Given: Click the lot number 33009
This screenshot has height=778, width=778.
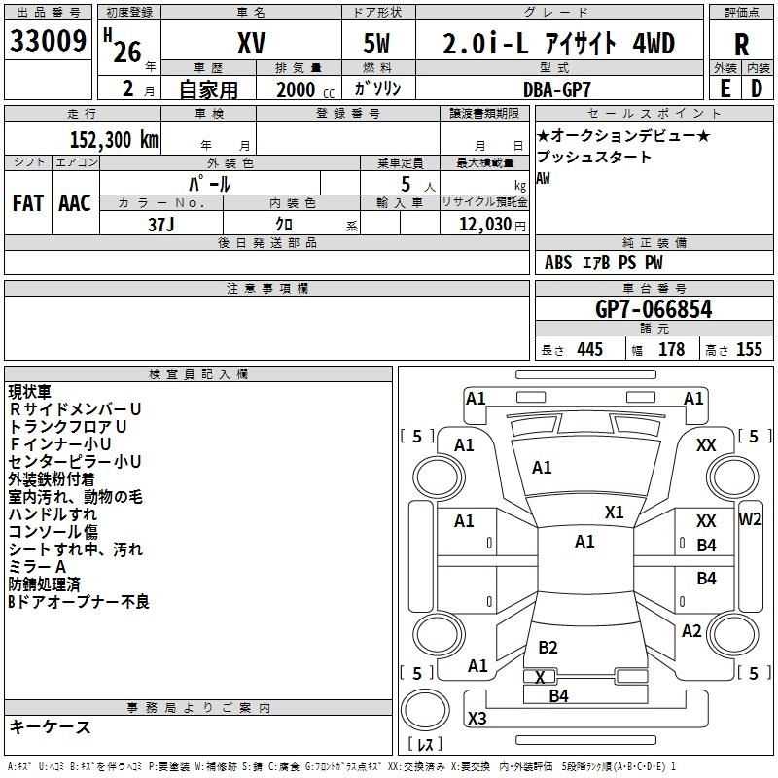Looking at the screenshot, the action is click(48, 41).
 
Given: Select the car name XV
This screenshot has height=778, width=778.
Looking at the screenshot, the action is click(252, 43).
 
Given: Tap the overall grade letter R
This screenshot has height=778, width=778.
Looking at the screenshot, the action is click(741, 45).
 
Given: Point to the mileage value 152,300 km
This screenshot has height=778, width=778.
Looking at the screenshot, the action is click(114, 140).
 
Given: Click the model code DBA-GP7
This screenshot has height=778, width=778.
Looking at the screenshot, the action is click(557, 89).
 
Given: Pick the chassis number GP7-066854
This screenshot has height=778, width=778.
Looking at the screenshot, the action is click(654, 309).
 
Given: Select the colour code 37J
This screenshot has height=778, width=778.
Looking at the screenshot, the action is click(161, 225).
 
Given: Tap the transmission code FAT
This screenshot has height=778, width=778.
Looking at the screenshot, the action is click(28, 203).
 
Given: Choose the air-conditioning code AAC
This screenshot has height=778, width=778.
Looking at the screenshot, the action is click(75, 203).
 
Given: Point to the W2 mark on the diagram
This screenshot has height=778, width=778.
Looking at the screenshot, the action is click(750, 519).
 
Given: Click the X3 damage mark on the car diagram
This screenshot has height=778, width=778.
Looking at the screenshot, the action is click(477, 718).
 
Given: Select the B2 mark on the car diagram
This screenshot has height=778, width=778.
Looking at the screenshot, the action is click(548, 647).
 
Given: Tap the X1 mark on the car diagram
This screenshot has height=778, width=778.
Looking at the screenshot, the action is click(614, 512).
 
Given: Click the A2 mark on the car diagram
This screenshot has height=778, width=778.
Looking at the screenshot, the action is click(691, 630).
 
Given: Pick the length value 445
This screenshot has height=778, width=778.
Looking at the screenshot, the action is click(590, 349).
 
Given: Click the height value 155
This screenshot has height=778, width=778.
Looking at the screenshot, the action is click(749, 349).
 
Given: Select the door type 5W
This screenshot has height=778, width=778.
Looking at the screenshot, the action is click(376, 43).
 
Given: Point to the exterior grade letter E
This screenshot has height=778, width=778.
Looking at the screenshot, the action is click(725, 88).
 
